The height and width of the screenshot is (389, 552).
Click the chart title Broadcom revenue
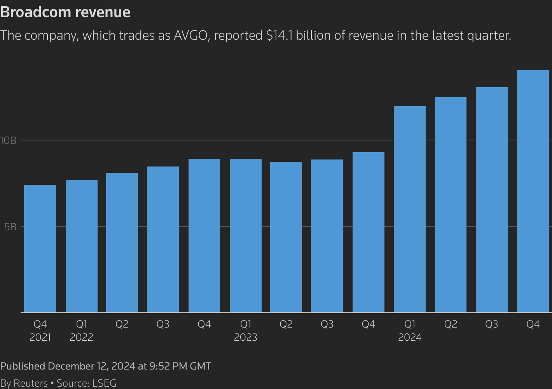[x=65, y=12]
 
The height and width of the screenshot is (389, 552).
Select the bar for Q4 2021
[x=40, y=249]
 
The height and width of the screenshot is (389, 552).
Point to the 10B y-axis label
[x=8, y=140]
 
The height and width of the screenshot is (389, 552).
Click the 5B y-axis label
[x=10, y=227]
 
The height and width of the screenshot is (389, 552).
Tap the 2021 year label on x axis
[x=40, y=337]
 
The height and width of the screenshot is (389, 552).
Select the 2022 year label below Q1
[x=81, y=337]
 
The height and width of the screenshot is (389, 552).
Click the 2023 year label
[x=245, y=337]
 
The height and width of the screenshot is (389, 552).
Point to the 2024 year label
[x=410, y=337]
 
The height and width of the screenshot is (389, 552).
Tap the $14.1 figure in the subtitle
[x=279, y=35]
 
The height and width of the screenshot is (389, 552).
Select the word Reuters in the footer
[x=30, y=383]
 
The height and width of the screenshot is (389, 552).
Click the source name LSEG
[x=104, y=383]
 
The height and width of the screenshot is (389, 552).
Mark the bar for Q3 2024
[x=491, y=200]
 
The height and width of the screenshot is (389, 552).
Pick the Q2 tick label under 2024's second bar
[x=451, y=324]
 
